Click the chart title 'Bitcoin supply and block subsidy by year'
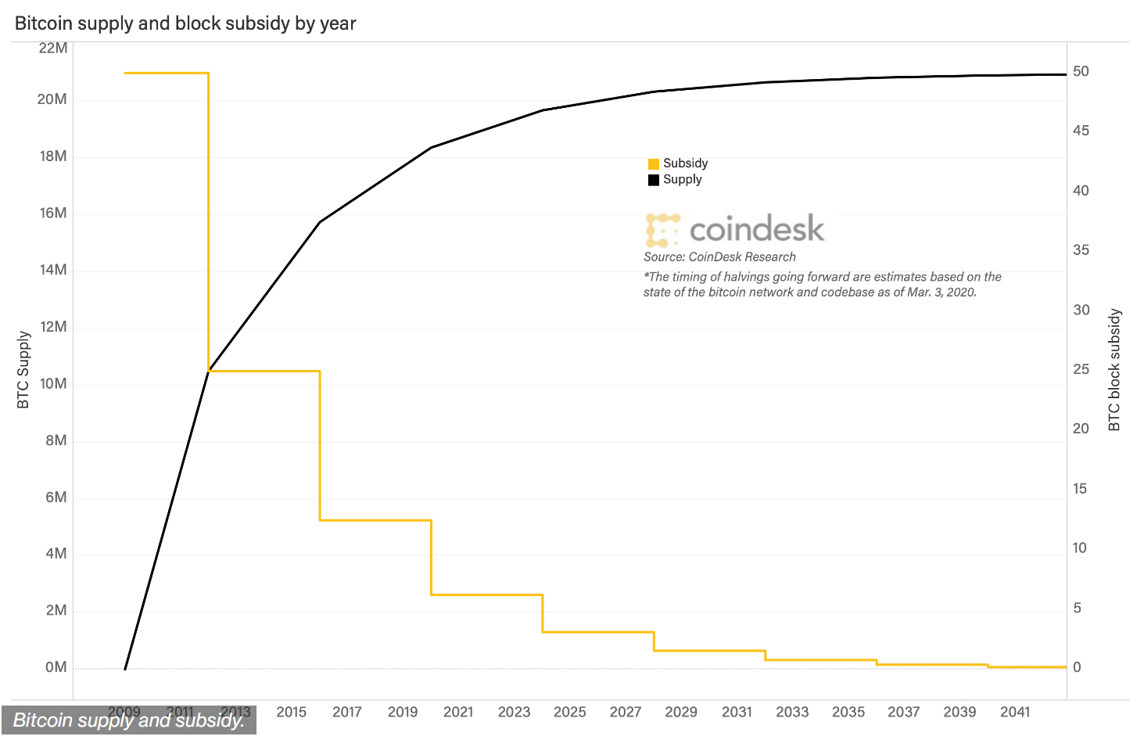click(185, 23)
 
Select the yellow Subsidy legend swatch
click(654, 164)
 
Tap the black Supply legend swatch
click(654, 181)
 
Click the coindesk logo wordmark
click(756, 229)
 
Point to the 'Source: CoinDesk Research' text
click(719, 257)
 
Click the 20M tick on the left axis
click(52, 99)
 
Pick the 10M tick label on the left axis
click(52, 384)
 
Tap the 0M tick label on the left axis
click(56, 667)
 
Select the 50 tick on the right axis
click(1081, 71)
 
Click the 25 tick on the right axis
click(1081, 369)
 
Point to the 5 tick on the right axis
click(1077, 608)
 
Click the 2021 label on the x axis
click(458, 712)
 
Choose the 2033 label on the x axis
click(792, 712)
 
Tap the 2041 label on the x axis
click(1015, 712)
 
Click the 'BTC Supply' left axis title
click(23, 369)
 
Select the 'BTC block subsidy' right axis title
click(1114, 369)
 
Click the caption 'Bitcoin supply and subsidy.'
click(129, 720)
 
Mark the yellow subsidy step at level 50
click(166, 74)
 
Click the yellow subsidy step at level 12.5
click(375, 520)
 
